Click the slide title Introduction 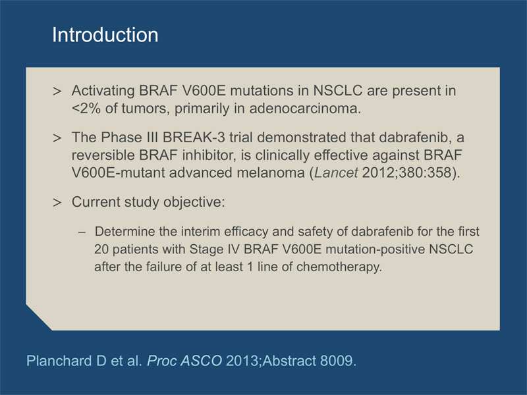coord(105,35)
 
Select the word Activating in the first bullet coord(103,92)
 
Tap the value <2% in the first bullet coord(86,109)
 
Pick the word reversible coord(103,155)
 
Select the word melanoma coord(271,172)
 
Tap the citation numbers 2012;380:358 coord(406,172)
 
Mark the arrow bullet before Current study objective coord(57,203)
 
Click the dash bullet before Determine coord(82,232)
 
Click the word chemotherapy coord(339,267)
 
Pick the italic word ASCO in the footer coord(202,361)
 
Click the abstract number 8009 coord(338,361)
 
